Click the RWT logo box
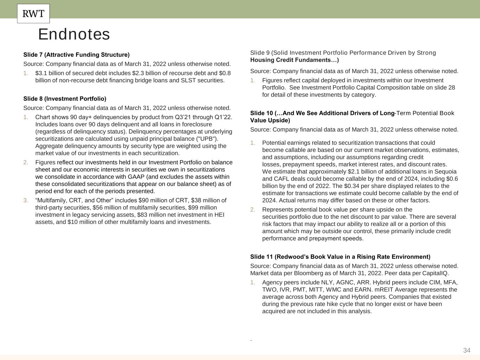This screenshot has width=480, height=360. pos(33,14)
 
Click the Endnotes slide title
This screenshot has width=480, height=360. pos(74,34)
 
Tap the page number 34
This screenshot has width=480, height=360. pos(467,350)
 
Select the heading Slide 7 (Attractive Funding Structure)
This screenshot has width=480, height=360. pos(76,55)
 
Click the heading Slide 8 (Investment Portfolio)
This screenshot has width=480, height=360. pos(65,99)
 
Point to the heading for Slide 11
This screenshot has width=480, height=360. pos(340,257)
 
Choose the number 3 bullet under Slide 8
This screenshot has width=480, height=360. pos(26,200)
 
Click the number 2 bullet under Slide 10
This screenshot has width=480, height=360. pos(252,210)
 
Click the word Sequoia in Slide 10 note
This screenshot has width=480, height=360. pos(446,172)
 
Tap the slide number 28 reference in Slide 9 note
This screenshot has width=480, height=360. pos(452,88)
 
